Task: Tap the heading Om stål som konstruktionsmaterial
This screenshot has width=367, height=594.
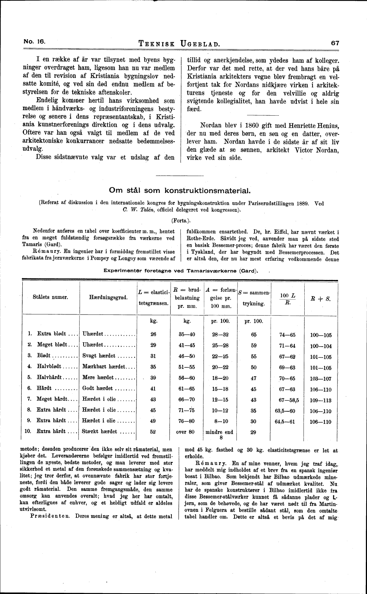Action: pyautogui.click(x=180, y=191)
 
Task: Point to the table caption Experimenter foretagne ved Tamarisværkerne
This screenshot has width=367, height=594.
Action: pyautogui.click(x=180, y=271)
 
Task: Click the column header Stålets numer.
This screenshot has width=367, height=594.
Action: pyautogui.click(x=51, y=297)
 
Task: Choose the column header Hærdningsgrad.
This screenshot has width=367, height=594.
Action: pyautogui.click(x=109, y=297)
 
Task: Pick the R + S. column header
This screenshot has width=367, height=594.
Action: pyautogui.click(x=320, y=298)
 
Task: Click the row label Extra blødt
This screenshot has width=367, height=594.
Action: pyautogui.click(x=52, y=334)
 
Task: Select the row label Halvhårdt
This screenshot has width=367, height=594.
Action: pyautogui.click(x=52, y=378)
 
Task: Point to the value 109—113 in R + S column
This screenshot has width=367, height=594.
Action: pyautogui.click(x=321, y=400)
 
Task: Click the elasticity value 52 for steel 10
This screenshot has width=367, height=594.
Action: pyautogui.click(x=153, y=431)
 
